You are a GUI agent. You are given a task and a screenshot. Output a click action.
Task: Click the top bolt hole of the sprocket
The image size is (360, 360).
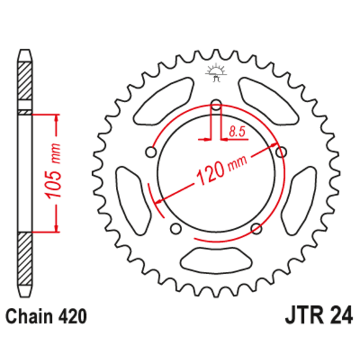pos(216,104)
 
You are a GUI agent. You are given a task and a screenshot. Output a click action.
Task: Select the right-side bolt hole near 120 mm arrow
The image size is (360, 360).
pos(281,152)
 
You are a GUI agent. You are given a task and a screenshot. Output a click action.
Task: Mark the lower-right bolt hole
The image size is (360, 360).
pos(256,229)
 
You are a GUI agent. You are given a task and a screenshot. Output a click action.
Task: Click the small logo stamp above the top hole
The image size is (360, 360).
pos(216,73)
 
